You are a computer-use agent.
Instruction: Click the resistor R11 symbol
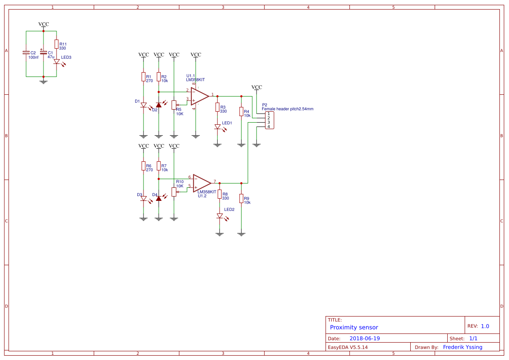click(x=56, y=44)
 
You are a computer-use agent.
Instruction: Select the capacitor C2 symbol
click(x=26, y=53)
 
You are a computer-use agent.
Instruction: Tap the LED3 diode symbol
click(x=57, y=62)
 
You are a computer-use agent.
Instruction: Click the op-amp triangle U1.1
click(x=200, y=96)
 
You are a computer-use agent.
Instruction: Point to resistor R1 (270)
click(x=143, y=77)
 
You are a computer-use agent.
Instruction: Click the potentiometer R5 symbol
click(x=174, y=105)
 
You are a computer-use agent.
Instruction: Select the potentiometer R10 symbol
click(x=174, y=192)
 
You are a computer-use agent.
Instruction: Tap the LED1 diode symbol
click(x=217, y=127)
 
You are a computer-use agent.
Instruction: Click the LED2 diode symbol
click(x=220, y=216)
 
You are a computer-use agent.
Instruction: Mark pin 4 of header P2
click(x=269, y=127)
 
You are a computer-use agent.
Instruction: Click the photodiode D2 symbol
click(x=159, y=105)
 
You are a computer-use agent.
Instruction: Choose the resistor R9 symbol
click(x=241, y=199)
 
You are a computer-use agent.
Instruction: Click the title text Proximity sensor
click(x=354, y=327)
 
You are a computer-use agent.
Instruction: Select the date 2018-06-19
click(x=365, y=338)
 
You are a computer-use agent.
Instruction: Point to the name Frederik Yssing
click(x=462, y=347)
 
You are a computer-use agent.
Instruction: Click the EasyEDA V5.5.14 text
click(x=348, y=347)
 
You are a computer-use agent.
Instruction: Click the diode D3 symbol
click(x=143, y=198)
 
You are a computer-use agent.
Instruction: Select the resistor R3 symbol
click(x=217, y=107)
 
